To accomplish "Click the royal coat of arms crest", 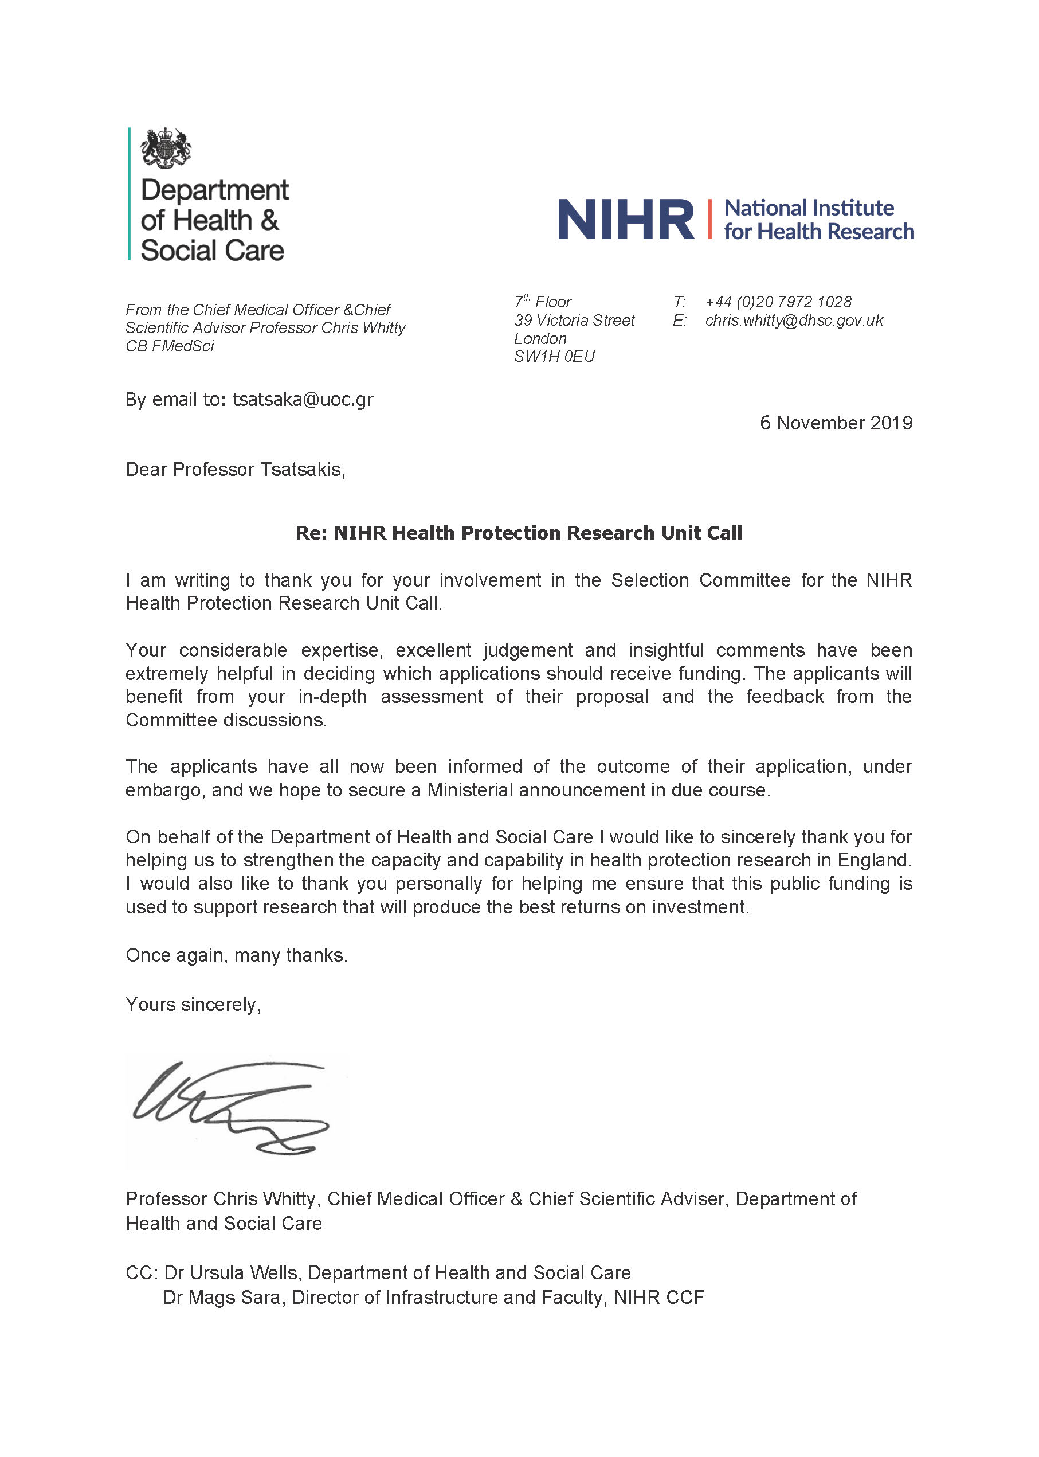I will click(166, 148).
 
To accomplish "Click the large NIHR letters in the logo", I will click(625, 220).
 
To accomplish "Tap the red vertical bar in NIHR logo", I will click(709, 219).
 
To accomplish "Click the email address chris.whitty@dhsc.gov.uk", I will click(793, 320).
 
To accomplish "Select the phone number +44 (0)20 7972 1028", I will click(778, 302).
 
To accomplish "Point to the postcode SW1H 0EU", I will click(554, 357).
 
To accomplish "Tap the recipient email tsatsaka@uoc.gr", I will click(303, 400).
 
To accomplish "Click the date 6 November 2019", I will click(836, 423).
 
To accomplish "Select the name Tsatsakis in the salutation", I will click(302, 470).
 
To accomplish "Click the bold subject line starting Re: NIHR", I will click(518, 533).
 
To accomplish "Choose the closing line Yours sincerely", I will click(193, 1005).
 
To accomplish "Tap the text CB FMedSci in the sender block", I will click(170, 346).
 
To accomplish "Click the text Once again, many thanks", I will click(236, 955).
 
